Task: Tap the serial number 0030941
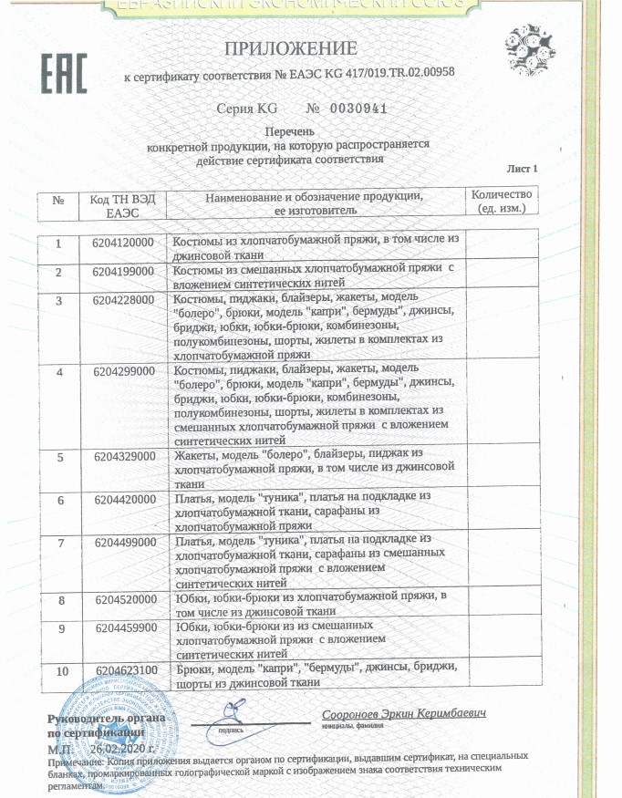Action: (x=347, y=109)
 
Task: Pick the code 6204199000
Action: (x=124, y=273)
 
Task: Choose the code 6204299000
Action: (x=124, y=372)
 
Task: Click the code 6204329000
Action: (x=124, y=458)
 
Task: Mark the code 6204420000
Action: (x=124, y=501)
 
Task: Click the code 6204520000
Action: (x=124, y=600)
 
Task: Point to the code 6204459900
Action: (x=124, y=629)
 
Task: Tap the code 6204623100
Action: (x=124, y=672)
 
